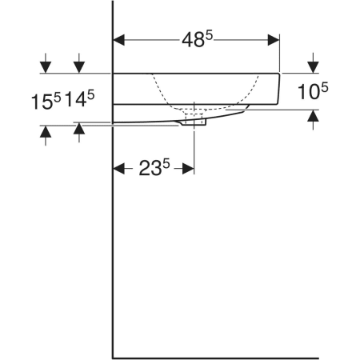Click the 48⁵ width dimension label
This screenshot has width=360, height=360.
pyautogui.click(x=198, y=40)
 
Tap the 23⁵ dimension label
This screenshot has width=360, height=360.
pyautogui.click(x=154, y=167)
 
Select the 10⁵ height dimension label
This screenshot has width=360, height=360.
pyautogui.click(x=313, y=91)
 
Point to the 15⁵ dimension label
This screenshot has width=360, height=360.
pyautogui.click(x=46, y=102)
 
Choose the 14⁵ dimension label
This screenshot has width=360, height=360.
pyautogui.click(x=80, y=98)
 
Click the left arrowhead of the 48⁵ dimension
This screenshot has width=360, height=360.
pyautogui.click(x=119, y=40)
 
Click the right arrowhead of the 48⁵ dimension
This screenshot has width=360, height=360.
pyautogui.click(x=274, y=40)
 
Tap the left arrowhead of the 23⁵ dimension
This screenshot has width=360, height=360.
pyautogui.click(x=119, y=169)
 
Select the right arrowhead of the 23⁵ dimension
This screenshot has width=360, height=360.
pyautogui.click(x=188, y=169)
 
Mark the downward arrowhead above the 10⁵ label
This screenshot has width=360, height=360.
pyautogui.click(x=313, y=67)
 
